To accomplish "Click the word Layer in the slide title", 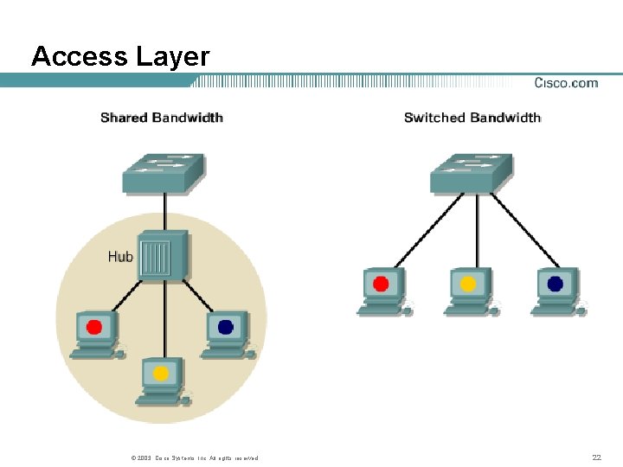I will click(x=172, y=57).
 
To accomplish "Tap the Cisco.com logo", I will click(x=566, y=83).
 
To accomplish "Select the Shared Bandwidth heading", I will click(x=162, y=118).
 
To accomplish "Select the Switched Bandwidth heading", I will click(x=472, y=118).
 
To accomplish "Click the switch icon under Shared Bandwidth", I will click(x=163, y=173).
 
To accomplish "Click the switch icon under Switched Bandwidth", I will click(x=471, y=173).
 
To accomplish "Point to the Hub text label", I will click(x=120, y=256).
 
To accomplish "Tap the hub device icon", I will click(x=163, y=256).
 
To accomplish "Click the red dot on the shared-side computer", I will click(x=94, y=327).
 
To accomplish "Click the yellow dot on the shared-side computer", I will click(x=160, y=374).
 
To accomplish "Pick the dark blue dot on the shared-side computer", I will click(x=226, y=327).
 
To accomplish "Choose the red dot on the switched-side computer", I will click(x=381, y=283).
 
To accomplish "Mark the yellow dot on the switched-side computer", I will click(x=468, y=283).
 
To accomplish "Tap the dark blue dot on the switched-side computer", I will click(x=555, y=283).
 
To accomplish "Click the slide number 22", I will click(x=595, y=457).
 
